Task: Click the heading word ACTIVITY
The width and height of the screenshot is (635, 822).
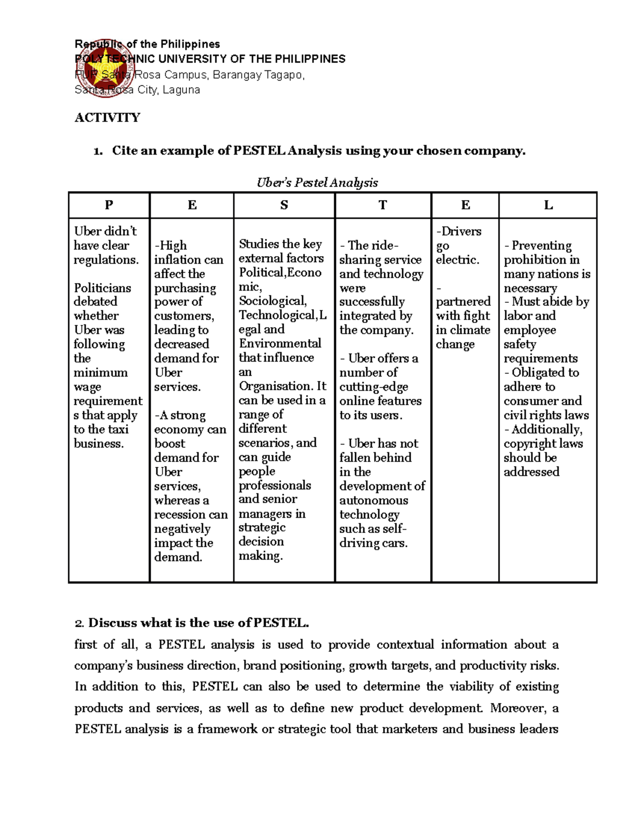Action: (x=107, y=118)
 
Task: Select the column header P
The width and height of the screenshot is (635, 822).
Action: (x=109, y=205)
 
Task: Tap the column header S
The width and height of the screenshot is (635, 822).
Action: (x=284, y=205)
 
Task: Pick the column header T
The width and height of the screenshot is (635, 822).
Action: (x=383, y=205)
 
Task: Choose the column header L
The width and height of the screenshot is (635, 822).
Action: (x=548, y=205)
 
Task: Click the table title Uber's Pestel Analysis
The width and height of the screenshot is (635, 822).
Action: (x=317, y=183)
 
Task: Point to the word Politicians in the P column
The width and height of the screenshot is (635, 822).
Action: (x=103, y=288)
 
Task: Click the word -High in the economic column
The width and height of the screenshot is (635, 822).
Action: (x=170, y=246)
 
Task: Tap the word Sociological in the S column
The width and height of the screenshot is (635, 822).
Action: (x=272, y=301)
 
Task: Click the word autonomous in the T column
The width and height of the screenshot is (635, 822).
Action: (x=374, y=500)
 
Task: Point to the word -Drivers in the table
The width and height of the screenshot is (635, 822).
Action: (x=458, y=231)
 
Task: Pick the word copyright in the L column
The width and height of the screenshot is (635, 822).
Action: (x=530, y=444)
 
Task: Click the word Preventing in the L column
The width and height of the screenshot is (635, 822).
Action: (x=541, y=246)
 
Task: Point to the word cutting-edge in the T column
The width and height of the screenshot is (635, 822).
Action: (x=374, y=387)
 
